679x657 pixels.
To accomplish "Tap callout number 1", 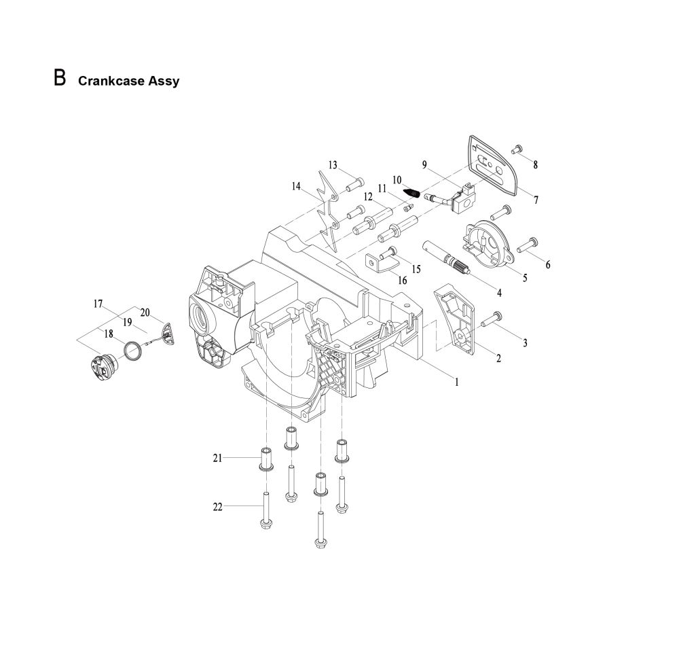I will (x=457, y=382).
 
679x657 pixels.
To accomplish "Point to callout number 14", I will (x=296, y=186).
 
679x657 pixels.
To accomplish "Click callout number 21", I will (x=218, y=459).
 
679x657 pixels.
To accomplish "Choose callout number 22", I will (x=218, y=506).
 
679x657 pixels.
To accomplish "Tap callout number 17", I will (x=98, y=304).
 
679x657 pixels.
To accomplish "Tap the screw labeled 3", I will (x=492, y=317).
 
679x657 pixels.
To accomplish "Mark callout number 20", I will (x=145, y=312).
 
